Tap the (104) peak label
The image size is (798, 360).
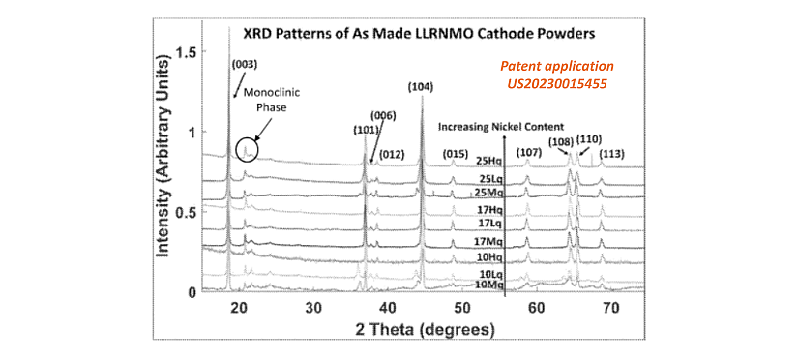(421, 87)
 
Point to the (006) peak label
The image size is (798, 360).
(383, 116)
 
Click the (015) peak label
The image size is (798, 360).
(454, 153)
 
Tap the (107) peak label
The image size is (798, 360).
(528, 152)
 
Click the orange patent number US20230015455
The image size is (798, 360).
(556, 84)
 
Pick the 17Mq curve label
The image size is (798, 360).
(487, 239)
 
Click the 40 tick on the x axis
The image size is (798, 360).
(388, 307)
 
